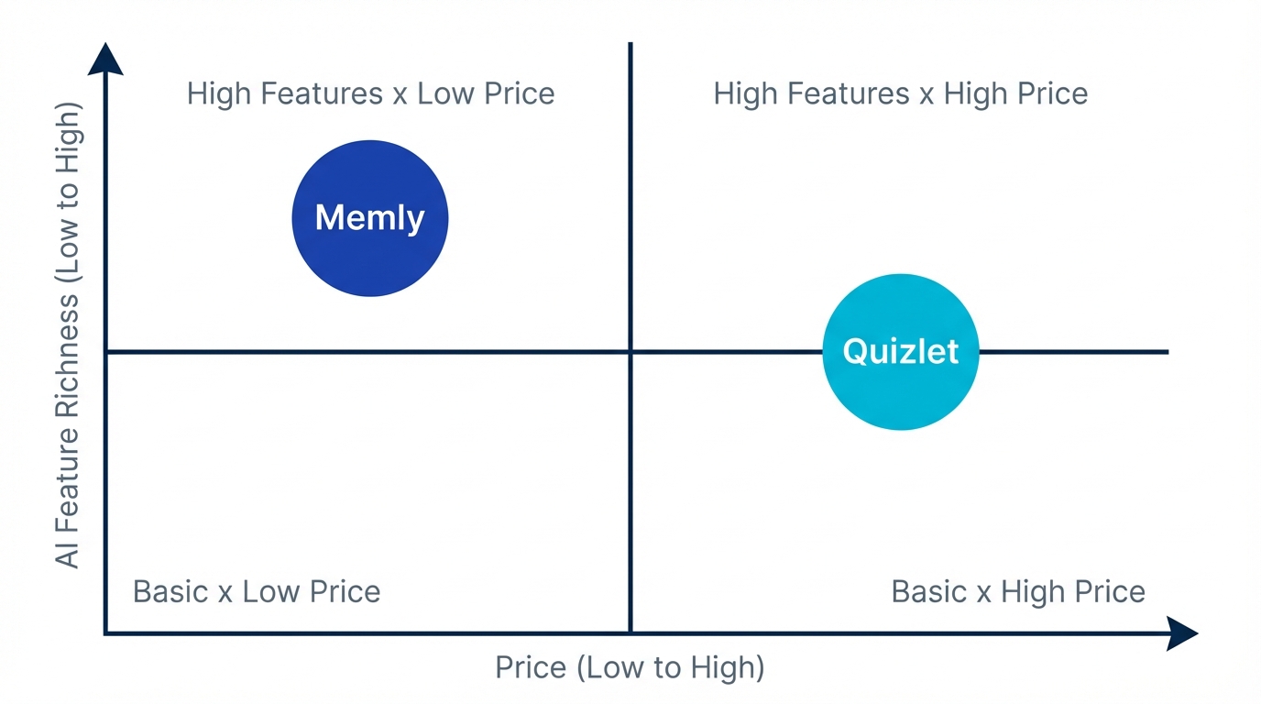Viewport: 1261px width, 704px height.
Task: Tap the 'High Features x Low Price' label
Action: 370,93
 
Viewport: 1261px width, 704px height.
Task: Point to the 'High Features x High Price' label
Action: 900,93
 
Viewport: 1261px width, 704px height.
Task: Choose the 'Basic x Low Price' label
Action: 257,591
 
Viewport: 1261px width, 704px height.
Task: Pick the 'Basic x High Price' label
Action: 1017,591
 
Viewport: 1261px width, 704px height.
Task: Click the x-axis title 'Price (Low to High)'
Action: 630,667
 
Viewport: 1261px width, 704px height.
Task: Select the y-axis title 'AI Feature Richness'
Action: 69,335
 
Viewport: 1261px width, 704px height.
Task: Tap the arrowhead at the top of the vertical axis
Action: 105,58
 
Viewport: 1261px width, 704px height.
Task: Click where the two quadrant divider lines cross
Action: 630,351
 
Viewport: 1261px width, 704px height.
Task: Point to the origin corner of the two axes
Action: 106,632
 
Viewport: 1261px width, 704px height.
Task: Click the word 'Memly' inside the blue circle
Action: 369,218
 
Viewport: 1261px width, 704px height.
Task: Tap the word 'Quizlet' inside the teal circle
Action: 901,351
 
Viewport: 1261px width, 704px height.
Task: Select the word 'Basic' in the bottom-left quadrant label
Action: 170,591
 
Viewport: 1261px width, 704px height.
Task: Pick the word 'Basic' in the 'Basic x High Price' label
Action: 928,591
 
